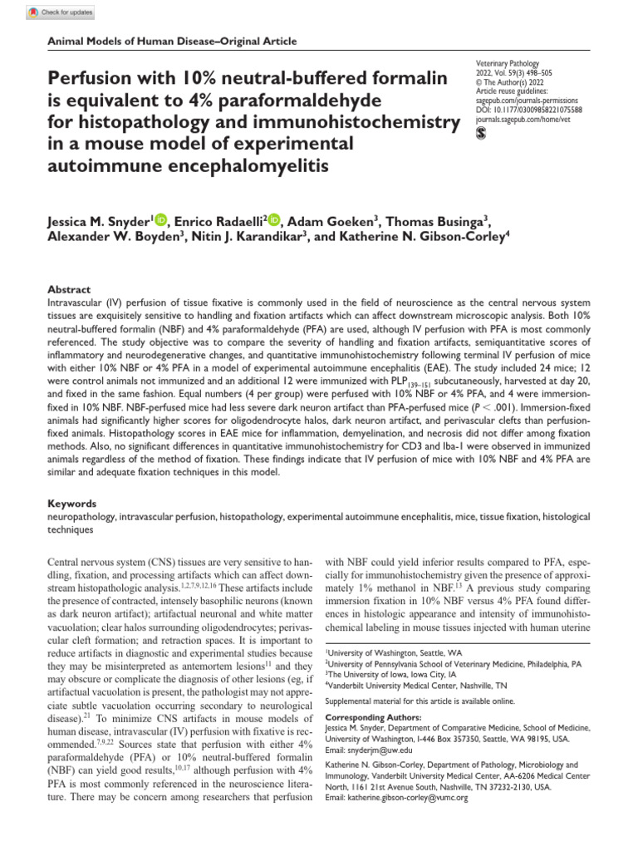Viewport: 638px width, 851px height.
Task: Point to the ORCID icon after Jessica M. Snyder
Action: [x=161, y=219]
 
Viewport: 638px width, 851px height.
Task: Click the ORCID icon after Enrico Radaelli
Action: [x=274, y=219]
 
